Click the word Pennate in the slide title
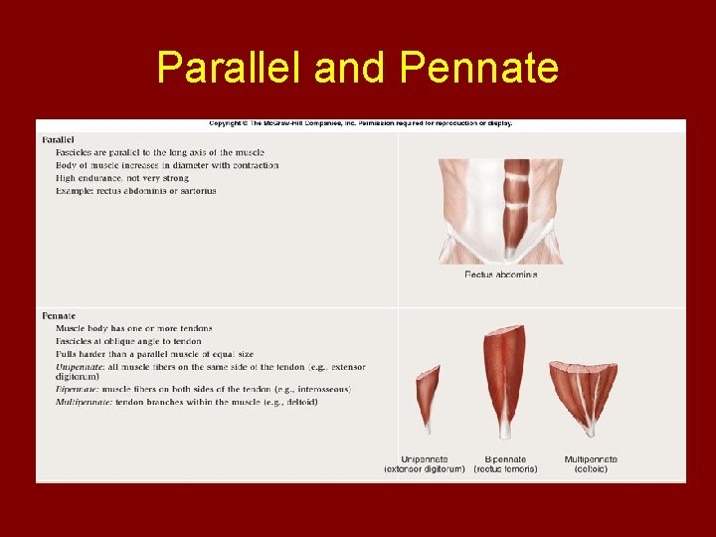pyautogui.click(x=479, y=69)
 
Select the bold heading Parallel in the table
pyautogui.click(x=59, y=139)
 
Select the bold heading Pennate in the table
pyautogui.click(x=59, y=315)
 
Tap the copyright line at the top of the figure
pyautogui.click(x=360, y=124)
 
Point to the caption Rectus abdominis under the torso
pyautogui.click(x=500, y=274)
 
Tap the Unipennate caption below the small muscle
pyautogui.click(x=424, y=459)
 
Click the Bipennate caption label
pyautogui.click(x=504, y=459)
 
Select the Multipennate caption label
pyautogui.click(x=591, y=459)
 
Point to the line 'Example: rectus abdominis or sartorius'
pyautogui.click(x=136, y=191)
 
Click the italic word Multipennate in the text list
pyautogui.click(x=84, y=402)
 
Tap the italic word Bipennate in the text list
pyautogui.click(x=78, y=390)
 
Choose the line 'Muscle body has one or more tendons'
pyautogui.click(x=134, y=328)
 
